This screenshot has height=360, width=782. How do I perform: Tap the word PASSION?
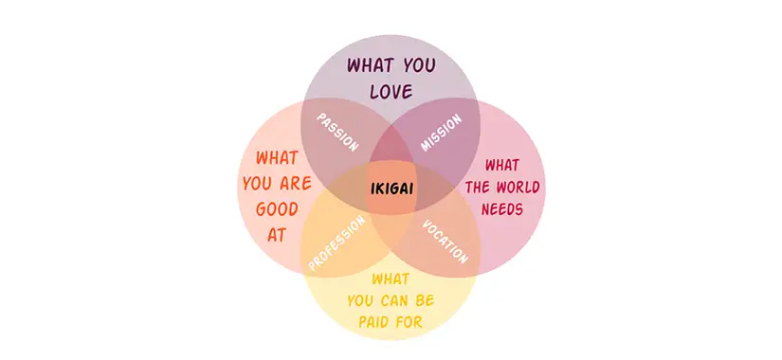(x=337, y=134)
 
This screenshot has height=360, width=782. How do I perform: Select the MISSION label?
(x=441, y=134)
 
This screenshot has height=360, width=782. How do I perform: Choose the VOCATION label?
(x=446, y=242)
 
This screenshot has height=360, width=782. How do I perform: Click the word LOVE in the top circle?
(x=391, y=92)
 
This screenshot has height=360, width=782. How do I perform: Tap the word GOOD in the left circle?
(x=276, y=209)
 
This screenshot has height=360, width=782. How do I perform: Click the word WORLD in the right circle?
(x=519, y=187)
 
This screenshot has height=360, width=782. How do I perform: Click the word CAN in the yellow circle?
(x=394, y=300)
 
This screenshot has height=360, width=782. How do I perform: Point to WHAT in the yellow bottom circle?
(x=391, y=279)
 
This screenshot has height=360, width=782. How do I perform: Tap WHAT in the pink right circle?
(x=502, y=164)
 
